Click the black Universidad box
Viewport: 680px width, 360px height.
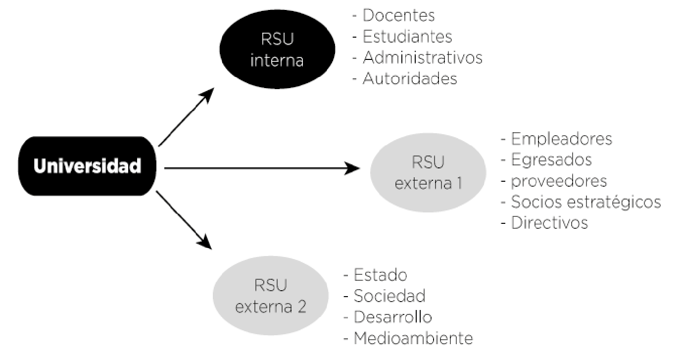(87, 166)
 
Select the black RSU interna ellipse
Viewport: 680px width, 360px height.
(277, 49)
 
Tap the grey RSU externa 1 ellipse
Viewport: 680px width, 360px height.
(428, 172)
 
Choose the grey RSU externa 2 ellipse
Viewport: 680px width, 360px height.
(271, 296)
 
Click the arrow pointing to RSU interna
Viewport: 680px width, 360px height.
(187, 117)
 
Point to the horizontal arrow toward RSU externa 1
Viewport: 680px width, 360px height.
(262, 168)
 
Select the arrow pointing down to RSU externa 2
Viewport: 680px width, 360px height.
(184, 220)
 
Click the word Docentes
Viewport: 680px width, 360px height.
(398, 15)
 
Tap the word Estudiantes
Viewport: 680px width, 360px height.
(407, 37)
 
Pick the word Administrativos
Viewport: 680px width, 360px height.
(423, 57)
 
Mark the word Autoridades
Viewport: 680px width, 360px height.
(410, 78)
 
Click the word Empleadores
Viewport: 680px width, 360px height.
(562, 139)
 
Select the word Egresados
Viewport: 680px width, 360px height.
(552, 160)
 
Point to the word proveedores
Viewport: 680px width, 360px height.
(559, 181)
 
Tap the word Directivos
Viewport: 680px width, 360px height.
(549, 223)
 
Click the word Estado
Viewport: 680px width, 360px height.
(381, 275)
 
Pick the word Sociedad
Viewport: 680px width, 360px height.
(389, 296)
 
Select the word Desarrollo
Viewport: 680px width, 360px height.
(393, 317)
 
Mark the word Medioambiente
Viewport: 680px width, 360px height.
(413, 338)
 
